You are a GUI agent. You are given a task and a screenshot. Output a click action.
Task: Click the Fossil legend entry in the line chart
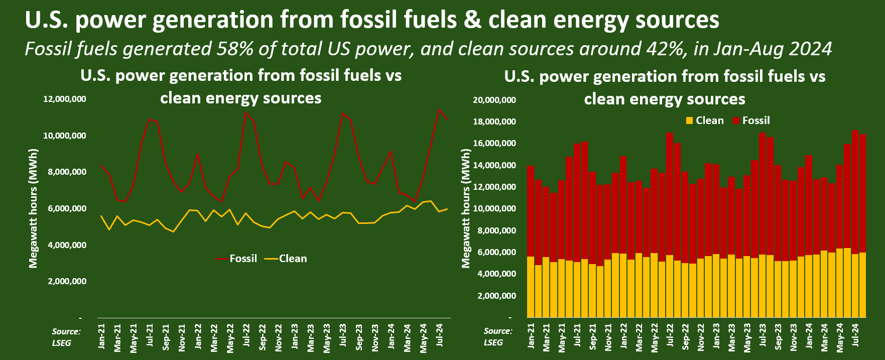tap(242, 259)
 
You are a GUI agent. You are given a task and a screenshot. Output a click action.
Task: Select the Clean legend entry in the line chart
tap(292, 259)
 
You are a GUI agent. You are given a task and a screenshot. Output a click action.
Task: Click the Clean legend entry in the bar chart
tap(709, 121)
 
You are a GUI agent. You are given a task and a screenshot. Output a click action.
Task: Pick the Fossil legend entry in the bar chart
tap(755, 121)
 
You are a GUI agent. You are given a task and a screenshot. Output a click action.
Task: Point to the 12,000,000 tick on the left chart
tap(65, 99)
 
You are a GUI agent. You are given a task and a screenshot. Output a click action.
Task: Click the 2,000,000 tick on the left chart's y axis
tap(67, 281)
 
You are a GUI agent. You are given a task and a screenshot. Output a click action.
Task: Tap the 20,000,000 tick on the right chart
tap(494, 100)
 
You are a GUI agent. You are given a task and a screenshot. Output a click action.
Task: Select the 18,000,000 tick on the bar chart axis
tap(494, 122)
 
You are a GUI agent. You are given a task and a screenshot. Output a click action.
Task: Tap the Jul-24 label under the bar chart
tap(856, 335)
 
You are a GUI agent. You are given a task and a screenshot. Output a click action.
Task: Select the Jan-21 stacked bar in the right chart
tap(531, 241)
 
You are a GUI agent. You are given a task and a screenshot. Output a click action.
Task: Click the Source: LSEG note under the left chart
tap(66, 337)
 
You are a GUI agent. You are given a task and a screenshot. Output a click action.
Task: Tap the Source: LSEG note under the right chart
tap(497, 336)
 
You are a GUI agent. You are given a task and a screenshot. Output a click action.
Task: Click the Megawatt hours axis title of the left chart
tap(34, 208)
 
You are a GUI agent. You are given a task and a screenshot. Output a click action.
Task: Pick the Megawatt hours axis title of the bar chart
tap(466, 208)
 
